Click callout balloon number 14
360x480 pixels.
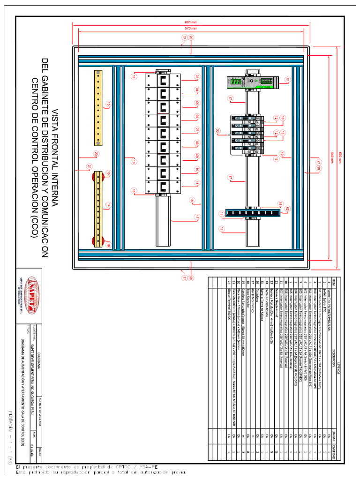(108, 205)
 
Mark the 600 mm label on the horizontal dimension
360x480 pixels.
(190, 22)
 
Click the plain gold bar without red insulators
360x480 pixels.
(98, 107)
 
